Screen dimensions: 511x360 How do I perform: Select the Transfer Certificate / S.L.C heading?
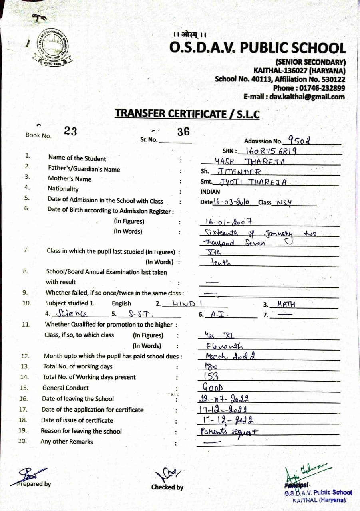click(x=187, y=113)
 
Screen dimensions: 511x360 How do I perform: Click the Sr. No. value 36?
click(x=183, y=132)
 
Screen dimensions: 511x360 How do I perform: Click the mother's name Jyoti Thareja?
click(x=251, y=182)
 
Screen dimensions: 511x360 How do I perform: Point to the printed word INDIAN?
click(x=210, y=192)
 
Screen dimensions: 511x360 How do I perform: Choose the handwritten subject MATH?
click(x=286, y=304)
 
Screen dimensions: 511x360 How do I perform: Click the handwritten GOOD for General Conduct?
click(x=212, y=387)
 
